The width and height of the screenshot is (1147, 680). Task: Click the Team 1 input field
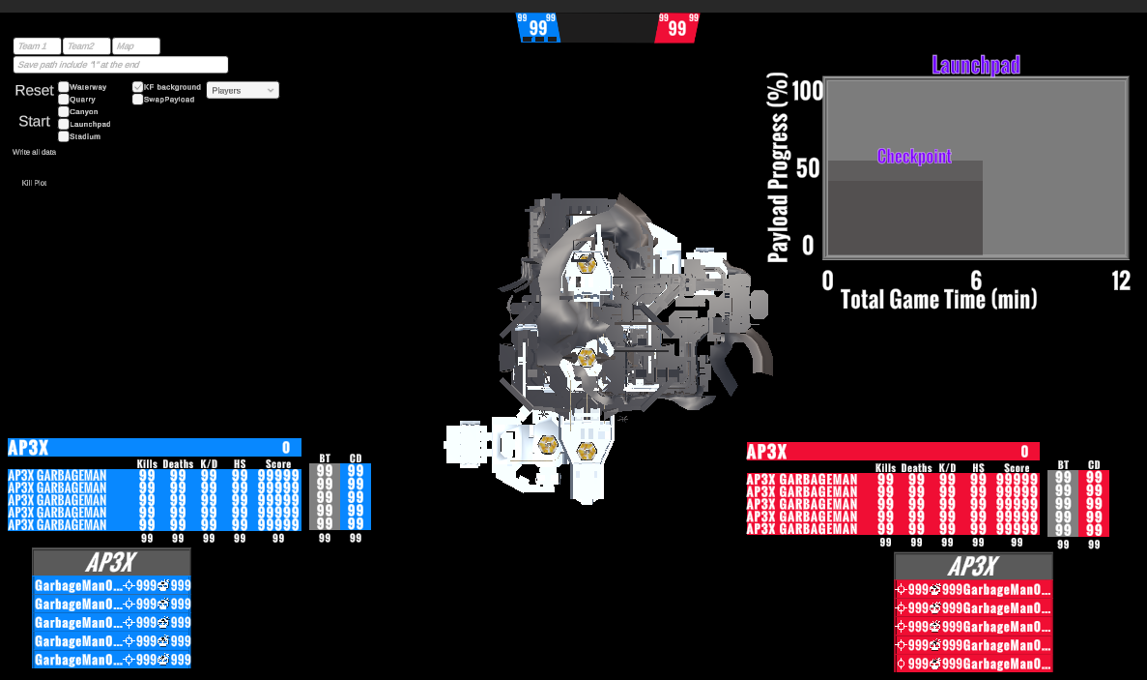coord(37,46)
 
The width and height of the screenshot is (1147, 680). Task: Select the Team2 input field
coord(87,46)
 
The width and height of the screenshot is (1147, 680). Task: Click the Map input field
coord(136,46)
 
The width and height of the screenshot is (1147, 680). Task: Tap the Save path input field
coord(121,65)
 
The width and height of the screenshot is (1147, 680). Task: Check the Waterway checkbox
coord(64,87)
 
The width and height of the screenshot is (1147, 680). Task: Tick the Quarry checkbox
coord(64,100)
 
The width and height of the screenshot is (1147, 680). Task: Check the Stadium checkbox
coord(64,136)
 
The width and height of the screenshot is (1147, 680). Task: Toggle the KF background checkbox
coord(138,87)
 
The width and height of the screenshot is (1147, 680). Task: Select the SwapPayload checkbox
coord(138,99)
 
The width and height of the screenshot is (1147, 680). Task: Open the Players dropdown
coord(243,90)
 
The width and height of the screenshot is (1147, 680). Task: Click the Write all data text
coord(34,152)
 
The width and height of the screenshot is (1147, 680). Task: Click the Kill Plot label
coord(34,183)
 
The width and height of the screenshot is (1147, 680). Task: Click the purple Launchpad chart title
coord(976,65)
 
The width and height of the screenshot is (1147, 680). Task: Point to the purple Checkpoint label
coord(914,156)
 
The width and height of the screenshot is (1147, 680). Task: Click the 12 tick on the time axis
coord(1121,281)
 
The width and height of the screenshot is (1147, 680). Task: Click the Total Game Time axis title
coord(939,299)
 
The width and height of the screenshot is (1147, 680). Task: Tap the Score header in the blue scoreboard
coord(278,464)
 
